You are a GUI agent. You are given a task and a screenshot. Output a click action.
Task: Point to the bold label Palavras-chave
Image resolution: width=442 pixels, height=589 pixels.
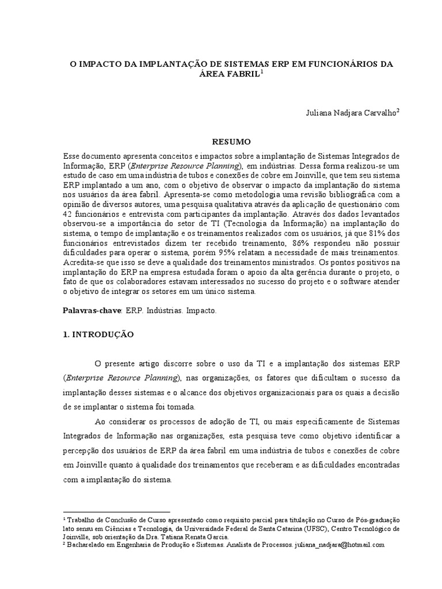[x=92, y=310]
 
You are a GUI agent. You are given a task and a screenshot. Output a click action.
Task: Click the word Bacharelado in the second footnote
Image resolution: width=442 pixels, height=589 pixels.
[x=86, y=544]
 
